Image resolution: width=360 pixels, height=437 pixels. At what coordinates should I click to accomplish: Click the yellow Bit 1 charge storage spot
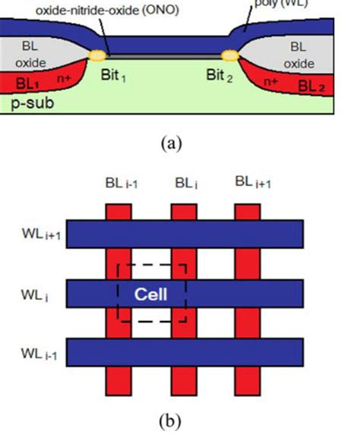pyautogui.click(x=97, y=55)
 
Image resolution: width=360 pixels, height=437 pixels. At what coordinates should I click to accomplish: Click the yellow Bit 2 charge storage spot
pyautogui.click(x=229, y=55)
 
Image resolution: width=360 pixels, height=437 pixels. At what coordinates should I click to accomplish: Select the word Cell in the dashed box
pyautogui.click(x=150, y=294)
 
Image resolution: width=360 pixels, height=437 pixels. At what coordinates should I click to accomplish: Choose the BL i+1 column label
pyautogui.click(x=251, y=182)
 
